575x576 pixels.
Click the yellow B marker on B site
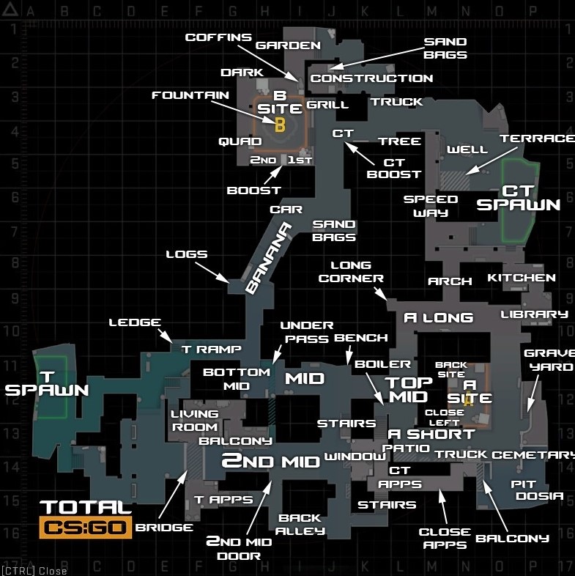click(x=279, y=125)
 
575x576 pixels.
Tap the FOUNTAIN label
click(x=190, y=95)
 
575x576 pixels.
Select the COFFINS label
click(x=218, y=37)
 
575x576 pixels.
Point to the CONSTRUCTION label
click(x=371, y=78)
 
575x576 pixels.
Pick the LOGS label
click(x=187, y=254)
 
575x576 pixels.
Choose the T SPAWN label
click(x=47, y=383)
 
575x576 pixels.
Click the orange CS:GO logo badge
click(x=86, y=527)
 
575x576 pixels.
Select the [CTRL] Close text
click(x=34, y=571)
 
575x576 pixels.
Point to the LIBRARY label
click(x=534, y=314)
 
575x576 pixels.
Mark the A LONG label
click(x=439, y=317)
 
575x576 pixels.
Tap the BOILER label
click(x=382, y=363)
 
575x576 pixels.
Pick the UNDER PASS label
click(x=307, y=332)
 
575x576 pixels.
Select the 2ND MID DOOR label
click(x=238, y=548)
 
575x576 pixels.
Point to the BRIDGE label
click(x=164, y=527)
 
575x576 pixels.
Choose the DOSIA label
click(x=539, y=496)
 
